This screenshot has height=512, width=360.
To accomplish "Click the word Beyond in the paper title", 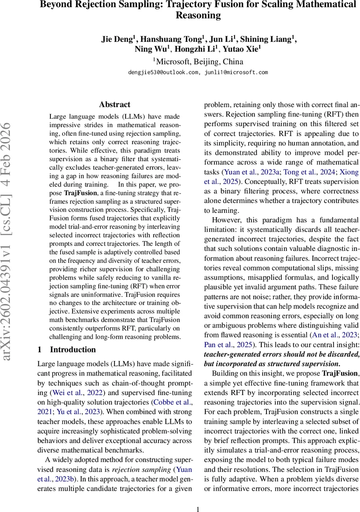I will point(55,5).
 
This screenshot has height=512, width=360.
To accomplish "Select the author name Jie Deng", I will point(117,39).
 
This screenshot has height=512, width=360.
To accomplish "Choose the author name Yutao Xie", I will point(244,49).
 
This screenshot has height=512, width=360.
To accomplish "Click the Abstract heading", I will point(114,105).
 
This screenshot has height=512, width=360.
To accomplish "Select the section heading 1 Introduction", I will point(67,349).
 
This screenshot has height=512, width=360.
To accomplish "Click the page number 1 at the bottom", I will point(198,509).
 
